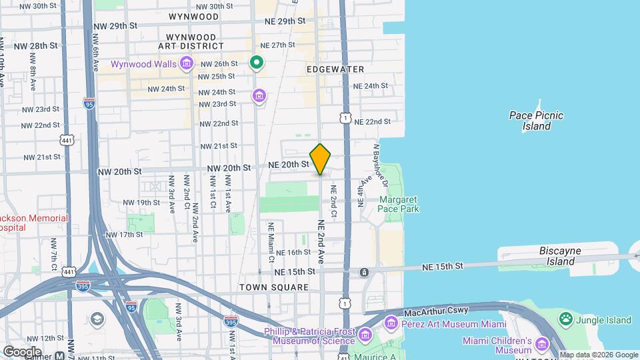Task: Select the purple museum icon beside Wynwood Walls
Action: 187,64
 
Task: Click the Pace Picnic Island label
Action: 536,121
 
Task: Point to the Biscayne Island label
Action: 565,256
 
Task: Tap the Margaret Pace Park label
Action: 399,204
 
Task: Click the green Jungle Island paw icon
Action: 566,319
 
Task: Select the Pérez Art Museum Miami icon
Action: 391,323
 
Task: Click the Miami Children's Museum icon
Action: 541,345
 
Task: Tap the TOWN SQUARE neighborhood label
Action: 275,287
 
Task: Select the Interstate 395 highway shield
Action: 231,321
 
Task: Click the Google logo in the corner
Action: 22,351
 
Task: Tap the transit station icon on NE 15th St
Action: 364,272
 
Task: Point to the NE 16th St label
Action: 293,252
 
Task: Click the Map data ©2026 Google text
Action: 598,355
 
